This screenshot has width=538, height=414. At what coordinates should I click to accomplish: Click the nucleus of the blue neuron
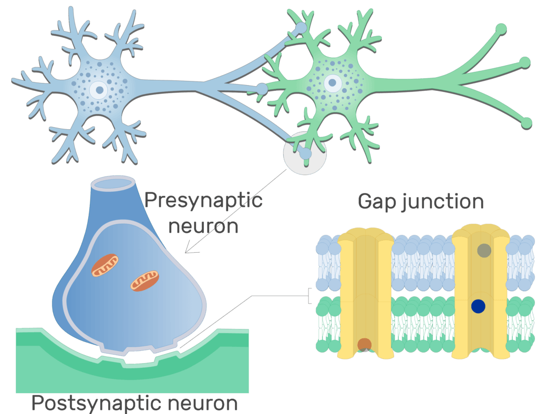[99, 90]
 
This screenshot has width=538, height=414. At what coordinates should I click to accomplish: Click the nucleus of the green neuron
[332, 82]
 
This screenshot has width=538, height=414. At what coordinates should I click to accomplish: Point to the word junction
[442, 202]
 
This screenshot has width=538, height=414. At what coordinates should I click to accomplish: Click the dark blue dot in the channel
[478, 306]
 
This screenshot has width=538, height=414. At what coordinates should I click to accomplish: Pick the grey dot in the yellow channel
[484, 251]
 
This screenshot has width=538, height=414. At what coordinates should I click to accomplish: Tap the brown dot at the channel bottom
[365, 345]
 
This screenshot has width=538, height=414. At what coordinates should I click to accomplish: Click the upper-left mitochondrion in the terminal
[105, 265]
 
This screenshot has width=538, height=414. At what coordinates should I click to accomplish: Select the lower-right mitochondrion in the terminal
[145, 281]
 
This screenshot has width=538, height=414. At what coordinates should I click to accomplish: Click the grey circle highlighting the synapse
[305, 153]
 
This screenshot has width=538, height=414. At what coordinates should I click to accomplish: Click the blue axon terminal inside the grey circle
[305, 153]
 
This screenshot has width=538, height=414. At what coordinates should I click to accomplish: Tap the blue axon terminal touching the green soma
[262, 89]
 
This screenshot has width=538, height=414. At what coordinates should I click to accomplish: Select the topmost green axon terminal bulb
[501, 29]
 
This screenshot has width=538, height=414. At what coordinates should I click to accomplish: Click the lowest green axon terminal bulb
[526, 122]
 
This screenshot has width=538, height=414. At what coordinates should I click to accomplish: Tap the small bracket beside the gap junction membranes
[309, 296]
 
